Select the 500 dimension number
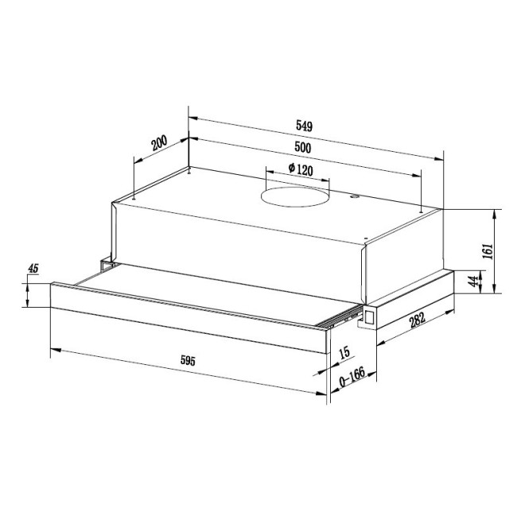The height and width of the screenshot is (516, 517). (x=302, y=148)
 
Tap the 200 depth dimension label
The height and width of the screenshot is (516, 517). (x=159, y=144)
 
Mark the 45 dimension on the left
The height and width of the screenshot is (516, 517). (x=33, y=269)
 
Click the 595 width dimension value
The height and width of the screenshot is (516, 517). (x=188, y=360)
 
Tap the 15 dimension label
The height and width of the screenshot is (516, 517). (x=344, y=352)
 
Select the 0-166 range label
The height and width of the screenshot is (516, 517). (x=351, y=382)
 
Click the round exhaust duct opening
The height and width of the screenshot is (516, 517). (x=296, y=195)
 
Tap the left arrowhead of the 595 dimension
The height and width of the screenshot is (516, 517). (x=54, y=349)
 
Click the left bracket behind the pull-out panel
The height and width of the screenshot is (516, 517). (x=104, y=263)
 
